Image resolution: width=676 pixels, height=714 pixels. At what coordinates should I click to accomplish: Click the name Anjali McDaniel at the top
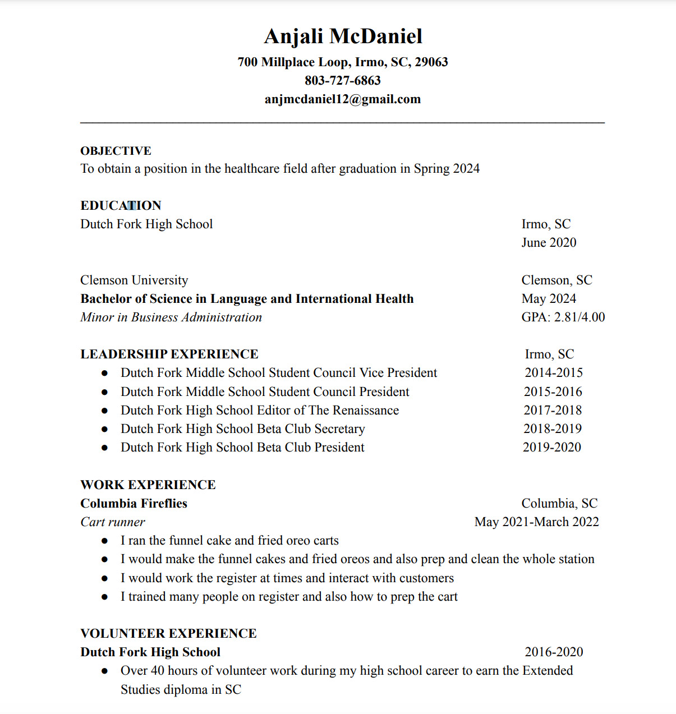pos(343,36)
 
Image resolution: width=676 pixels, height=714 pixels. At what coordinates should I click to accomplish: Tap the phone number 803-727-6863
pos(343,81)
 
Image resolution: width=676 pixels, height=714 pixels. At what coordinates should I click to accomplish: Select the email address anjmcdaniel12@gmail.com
pos(343,99)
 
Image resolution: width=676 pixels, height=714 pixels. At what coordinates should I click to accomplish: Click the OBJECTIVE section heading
pos(116,151)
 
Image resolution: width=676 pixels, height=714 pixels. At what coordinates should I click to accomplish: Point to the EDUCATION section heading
pos(121,206)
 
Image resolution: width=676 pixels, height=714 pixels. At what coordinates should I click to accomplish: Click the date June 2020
pos(549,243)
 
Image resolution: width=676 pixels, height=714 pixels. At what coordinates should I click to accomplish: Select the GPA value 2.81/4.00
pos(580,317)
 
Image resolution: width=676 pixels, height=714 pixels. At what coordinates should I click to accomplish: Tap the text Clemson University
pos(134,280)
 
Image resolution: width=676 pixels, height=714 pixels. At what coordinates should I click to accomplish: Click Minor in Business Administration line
pos(171,317)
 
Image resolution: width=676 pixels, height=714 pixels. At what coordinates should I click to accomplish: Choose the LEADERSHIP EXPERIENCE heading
pos(169,354)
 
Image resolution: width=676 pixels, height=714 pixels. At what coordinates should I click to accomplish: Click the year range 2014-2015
pos(553,373)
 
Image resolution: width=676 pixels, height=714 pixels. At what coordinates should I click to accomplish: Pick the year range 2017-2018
pos(553,411)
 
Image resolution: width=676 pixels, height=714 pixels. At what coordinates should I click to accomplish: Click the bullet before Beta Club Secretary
pos(104,430)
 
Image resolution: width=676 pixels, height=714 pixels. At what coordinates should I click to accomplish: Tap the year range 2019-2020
pos(551,448)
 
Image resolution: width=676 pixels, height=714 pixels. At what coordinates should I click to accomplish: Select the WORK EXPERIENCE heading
pos(148,485)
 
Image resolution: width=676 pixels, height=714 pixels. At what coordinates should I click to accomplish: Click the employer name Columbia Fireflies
pos(134,504)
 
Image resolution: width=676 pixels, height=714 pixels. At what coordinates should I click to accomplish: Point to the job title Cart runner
pos(113,522)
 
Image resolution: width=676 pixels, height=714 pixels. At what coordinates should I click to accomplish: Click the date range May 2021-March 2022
pos(536,522)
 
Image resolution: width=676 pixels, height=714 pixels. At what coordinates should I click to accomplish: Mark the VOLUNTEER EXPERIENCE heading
pos(168,634)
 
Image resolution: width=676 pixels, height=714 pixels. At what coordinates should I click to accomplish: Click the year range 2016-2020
pos(554,652)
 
